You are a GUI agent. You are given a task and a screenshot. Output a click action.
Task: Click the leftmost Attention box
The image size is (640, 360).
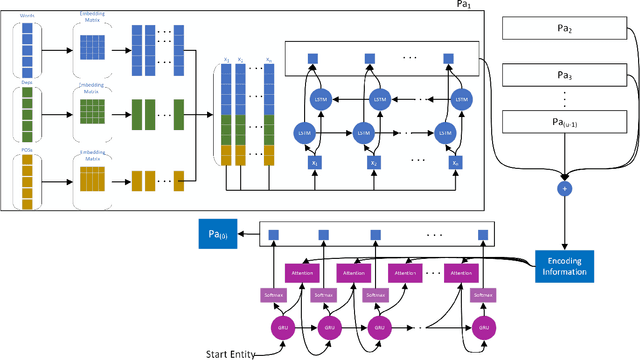tap(301, 271)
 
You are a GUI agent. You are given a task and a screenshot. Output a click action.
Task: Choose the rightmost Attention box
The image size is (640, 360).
tap(461, 271)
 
